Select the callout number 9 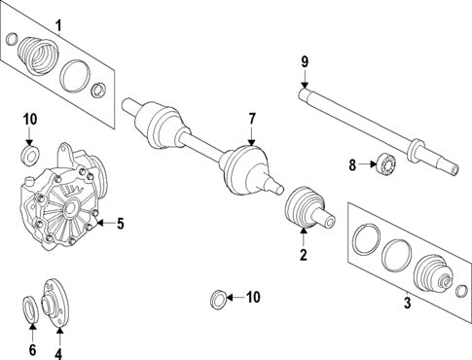pos(305,62)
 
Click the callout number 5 pos(121,224)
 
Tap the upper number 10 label pos(29,120)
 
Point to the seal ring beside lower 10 pos(220,297)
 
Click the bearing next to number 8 pos(386,165)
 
